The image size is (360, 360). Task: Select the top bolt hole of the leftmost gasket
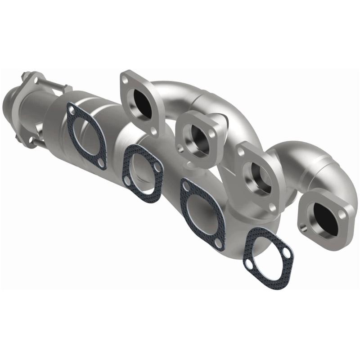pyautogui.click(x=71, y=107)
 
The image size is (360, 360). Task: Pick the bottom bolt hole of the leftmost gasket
pyautogui.click(x=103, y=164)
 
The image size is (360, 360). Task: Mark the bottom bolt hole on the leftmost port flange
pyautogui.click(x=154, y=131)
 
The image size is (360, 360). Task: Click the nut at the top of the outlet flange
pyautogui.click(x=25, y=76)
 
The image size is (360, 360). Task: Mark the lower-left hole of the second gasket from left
pyautogui.click(x=128, y=181)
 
